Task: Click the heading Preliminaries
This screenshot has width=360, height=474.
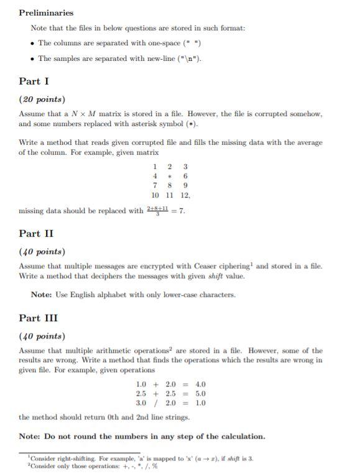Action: [x=46, y=12]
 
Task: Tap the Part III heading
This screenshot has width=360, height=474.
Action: [x=38, y=318]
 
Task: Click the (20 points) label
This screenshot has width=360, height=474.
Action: [x=42, y=99]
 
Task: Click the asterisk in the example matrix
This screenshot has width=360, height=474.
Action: [x=170, y=176]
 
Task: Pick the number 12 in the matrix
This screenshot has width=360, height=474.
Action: [x=185, y=195]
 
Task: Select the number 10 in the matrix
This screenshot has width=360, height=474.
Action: [x=155, y=195]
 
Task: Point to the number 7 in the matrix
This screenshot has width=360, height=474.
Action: [x=154, y=185]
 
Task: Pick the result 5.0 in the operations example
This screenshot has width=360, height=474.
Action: [x=200, y=393]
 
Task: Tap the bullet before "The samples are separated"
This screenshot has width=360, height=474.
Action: [x=32, y=58]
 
